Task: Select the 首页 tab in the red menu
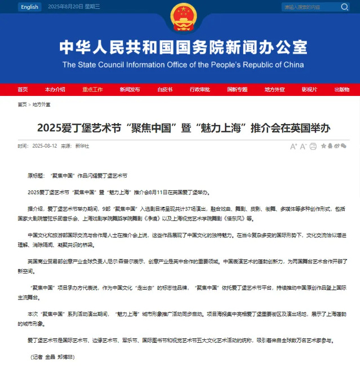23,90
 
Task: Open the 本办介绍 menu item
55,90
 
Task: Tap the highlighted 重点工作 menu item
92,90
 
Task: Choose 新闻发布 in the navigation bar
130,90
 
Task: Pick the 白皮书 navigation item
165,90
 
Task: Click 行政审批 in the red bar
199,90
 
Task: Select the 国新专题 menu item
237,90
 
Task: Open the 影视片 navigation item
309,90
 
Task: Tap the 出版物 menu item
341,90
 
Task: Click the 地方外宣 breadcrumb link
41,104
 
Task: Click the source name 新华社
82,146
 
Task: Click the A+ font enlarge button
294,146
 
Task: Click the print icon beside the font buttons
313,146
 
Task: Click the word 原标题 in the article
35,176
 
